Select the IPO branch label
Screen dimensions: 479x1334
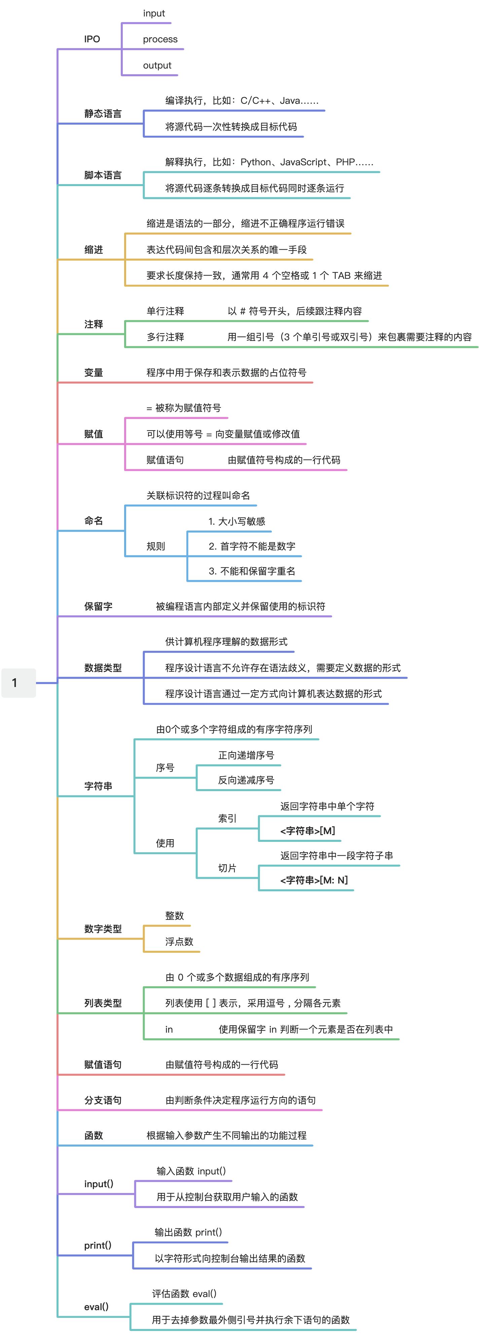tap(92, 39)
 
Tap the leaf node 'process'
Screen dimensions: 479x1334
tap(160, 39)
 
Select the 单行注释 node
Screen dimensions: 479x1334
tap(165, 311)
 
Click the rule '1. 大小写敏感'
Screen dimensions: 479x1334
tap(237, 521)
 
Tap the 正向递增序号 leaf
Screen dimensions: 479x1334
tap(246, 756)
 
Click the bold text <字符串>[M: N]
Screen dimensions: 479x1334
tap(314, 880)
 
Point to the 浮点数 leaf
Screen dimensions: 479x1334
tap(179, 942)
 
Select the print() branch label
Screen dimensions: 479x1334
tap(98, 1245)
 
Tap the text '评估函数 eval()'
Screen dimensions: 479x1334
tap(184, 1294)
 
